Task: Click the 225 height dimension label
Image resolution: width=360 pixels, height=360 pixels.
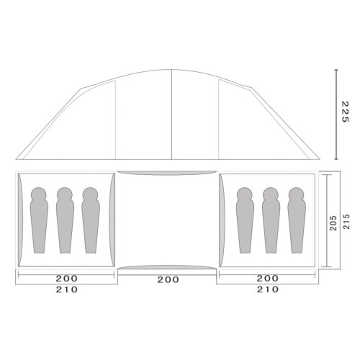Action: (345, 112)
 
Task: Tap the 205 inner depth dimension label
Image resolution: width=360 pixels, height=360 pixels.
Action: (333, 223)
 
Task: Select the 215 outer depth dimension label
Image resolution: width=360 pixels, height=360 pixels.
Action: (346, 222)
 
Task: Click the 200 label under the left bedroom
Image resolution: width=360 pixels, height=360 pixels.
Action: (67, 279)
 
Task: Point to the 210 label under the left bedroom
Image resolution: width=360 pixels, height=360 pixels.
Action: (67, 289)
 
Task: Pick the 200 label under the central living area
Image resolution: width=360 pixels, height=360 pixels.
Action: (168, 279)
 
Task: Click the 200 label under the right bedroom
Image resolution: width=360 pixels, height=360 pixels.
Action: (268, 279)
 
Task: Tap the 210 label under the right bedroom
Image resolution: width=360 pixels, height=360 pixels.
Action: (268, 289)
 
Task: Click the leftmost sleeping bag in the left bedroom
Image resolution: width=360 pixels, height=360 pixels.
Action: (39, 220)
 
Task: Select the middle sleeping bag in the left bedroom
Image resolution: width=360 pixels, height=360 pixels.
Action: (65, 220)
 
